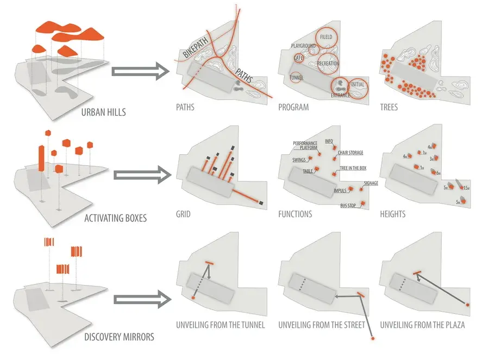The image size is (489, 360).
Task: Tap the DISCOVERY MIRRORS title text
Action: [x=119, y=337]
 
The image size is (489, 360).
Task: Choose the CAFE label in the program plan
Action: [x=298, y=58]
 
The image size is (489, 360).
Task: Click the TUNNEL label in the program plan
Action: [x=297, y=78]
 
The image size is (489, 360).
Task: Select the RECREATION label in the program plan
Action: [x=328, y=64]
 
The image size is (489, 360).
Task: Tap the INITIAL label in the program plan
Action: [x=358, y=84]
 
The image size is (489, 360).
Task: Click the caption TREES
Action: [x=389, y=108]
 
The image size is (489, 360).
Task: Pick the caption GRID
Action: [x=183, y=214]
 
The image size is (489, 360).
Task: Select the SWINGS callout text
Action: [x=299, y=160]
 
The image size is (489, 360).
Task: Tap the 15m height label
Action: [x=465, y=188]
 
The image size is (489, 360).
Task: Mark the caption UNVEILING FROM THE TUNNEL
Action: [x=220, y=325]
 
